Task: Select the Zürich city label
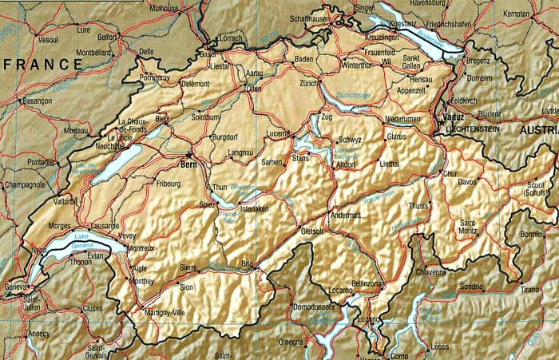click(x=309, y=83)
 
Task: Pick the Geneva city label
click(x=15, y=287)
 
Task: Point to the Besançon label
click(x=37, y=101)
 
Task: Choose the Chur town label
click(x=450, y=173)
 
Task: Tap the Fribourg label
click(x=168, y=183)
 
